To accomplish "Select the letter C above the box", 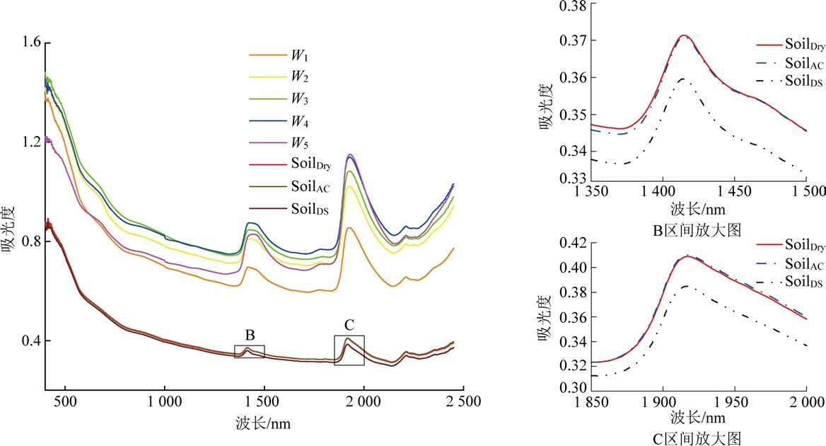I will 349,325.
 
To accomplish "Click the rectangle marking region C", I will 349,350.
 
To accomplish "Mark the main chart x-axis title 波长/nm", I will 262,424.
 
